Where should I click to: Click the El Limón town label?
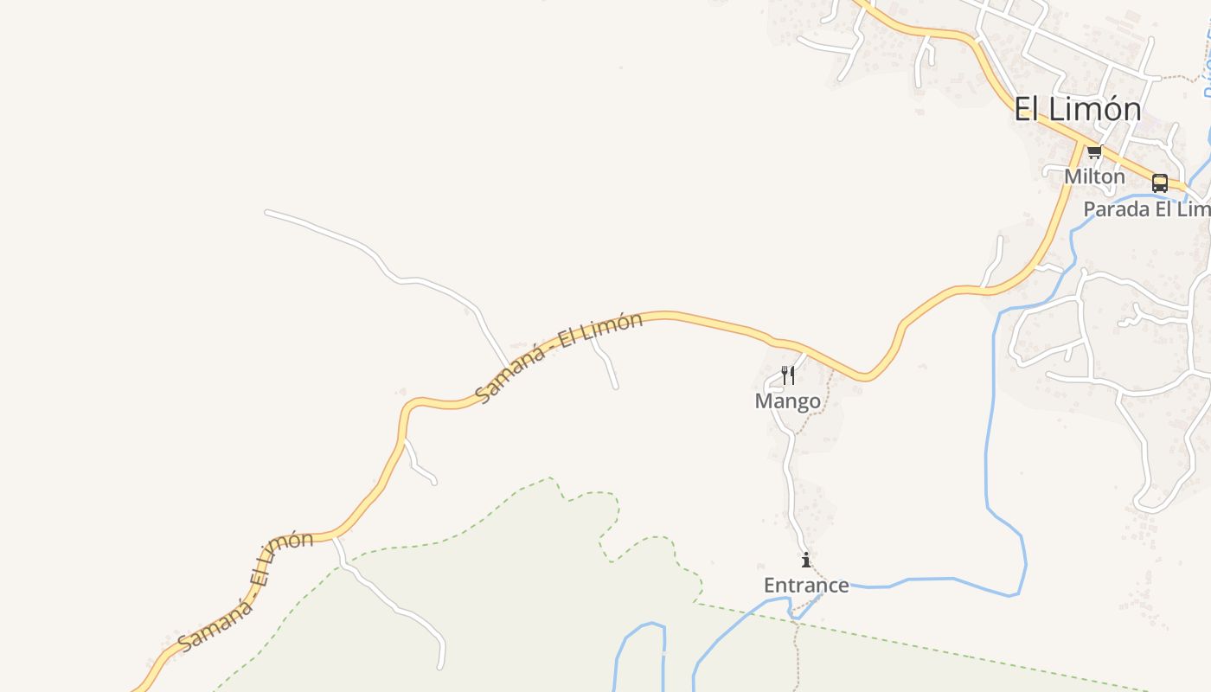(x=1078, y=109)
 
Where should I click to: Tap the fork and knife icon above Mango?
(x=787, y=375)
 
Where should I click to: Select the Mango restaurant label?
(x=787, y=401)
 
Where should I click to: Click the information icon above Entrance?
(x=806, y=560)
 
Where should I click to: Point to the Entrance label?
(x=806, y=586)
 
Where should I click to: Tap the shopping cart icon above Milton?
(x=1094, y=153)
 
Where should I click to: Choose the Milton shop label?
(x=1094, y=176)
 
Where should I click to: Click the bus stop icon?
(x=1159, y=183)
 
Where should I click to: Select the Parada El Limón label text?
(x=1146, y=209)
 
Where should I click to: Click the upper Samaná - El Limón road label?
(x=560, y=356)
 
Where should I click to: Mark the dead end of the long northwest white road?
(x=267, y=212)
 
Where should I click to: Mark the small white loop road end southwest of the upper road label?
(x=432, y=481)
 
